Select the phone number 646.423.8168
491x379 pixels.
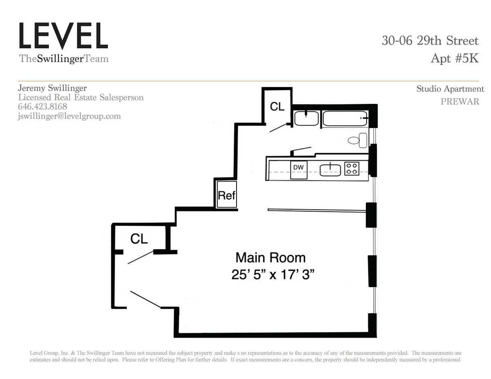[43, 107]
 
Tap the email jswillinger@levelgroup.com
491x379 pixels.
[69, 116]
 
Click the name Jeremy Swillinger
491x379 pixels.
[52, 88]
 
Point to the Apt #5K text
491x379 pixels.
[454, 58]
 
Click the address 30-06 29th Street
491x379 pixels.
[430, 41]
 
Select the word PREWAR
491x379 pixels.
[459, 102]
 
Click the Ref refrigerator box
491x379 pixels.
[226, 195]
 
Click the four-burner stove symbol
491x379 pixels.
[351, 168]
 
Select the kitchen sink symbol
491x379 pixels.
[330, 168]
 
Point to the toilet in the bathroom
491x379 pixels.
[359, 140]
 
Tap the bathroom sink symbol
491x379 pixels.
[306, 118]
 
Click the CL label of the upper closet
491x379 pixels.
[277, 107]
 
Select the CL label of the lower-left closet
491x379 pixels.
[139, 239]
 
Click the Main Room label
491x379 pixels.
[270, 258]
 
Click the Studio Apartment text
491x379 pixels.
[450, 89]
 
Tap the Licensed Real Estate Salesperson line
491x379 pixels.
[81, 97]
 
